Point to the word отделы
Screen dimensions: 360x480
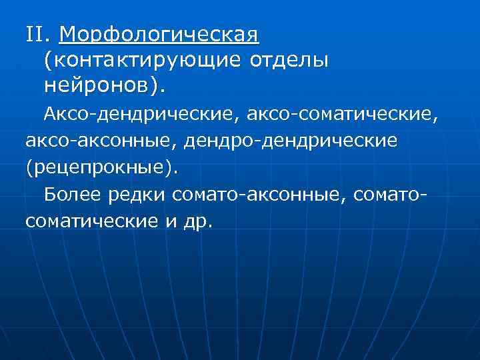pos(289,59)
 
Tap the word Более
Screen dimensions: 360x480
pos(71,194)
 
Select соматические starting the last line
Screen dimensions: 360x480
pos(91,220)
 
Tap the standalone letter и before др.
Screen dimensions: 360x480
pos(170,221)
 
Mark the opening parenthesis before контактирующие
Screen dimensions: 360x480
pos(48,60)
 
